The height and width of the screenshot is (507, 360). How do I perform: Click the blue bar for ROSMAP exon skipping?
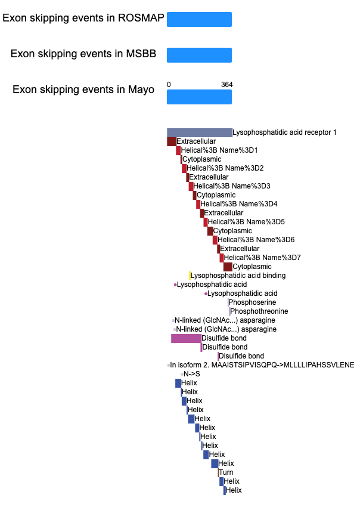click(x=199, y=20)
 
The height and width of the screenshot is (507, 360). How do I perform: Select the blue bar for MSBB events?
click(x=199, y=55)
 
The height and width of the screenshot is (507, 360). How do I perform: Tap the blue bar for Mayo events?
click(x=199, y=97)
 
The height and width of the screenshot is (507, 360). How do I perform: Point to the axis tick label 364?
click(x=227, y=85)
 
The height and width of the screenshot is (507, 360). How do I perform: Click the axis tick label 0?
click(x=169, y=85)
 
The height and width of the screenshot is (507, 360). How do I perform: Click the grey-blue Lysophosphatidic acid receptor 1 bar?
click(x=200, y=132)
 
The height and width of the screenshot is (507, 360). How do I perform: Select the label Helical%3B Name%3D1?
click(x=219, y=150)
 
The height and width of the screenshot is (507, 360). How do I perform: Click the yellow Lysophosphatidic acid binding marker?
click(x=190, y=276)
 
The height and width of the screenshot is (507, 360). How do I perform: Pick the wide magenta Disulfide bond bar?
click(x=186, y=339)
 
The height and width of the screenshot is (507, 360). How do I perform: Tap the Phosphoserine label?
click(x=252, y=302)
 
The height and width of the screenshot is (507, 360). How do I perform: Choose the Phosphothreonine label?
click(x=259, y=311)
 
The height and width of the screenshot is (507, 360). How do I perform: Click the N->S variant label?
click(x=192, y=374)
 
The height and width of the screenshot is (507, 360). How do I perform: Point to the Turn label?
click(x=226, y=472)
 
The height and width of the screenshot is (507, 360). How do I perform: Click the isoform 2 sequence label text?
click(x=262, y=365)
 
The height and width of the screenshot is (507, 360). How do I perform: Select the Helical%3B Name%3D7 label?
click(x=262, y=258)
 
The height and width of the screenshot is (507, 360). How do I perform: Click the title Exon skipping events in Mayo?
click(x=83, y=89)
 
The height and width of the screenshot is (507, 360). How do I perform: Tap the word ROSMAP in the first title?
click(x=141, y=18)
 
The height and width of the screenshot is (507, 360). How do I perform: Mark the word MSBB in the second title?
click(x=141, y=54)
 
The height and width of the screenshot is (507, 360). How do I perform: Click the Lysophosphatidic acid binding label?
click(x=238, y=276)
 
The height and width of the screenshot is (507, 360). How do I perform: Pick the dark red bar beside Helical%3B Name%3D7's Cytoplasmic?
click(x=228, y=267)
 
